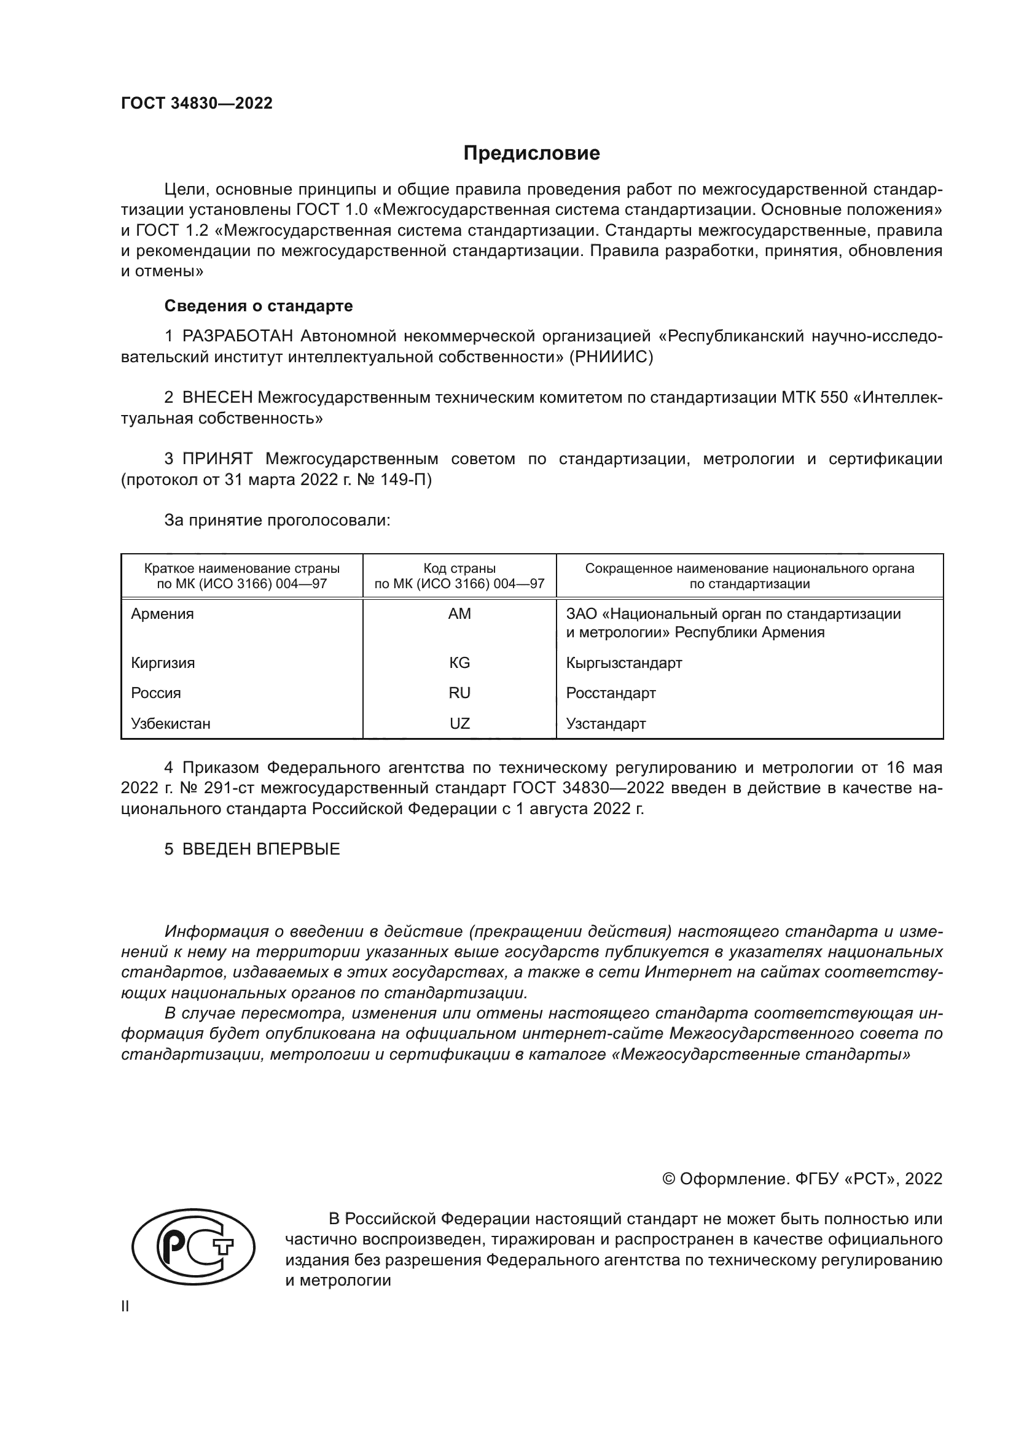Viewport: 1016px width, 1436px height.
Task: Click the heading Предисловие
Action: point(531,153)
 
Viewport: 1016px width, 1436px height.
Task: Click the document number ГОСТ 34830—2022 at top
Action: point(197,103)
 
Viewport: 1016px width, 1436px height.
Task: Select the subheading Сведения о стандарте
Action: point(259,306)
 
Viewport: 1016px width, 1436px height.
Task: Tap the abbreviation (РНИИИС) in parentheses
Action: point(611,357)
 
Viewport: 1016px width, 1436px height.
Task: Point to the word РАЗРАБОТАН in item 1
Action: point(238,336)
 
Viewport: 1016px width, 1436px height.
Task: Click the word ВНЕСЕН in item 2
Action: point(217,397)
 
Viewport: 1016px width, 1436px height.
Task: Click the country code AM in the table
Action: point(459,613)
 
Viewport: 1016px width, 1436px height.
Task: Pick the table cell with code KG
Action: point(459,662)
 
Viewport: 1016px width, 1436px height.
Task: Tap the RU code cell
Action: point(459,693)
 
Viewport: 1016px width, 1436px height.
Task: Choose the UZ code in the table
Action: point(459,724)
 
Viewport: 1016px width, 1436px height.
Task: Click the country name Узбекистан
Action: point(170,724)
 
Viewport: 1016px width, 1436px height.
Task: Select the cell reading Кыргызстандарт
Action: point(623,662)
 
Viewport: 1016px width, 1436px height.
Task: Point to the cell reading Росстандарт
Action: point(611,693)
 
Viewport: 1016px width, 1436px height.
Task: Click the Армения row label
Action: point(162,613)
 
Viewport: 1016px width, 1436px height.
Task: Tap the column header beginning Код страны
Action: point(459,576)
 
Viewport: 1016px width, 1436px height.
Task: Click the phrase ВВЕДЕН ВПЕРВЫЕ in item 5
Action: point(261,848)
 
